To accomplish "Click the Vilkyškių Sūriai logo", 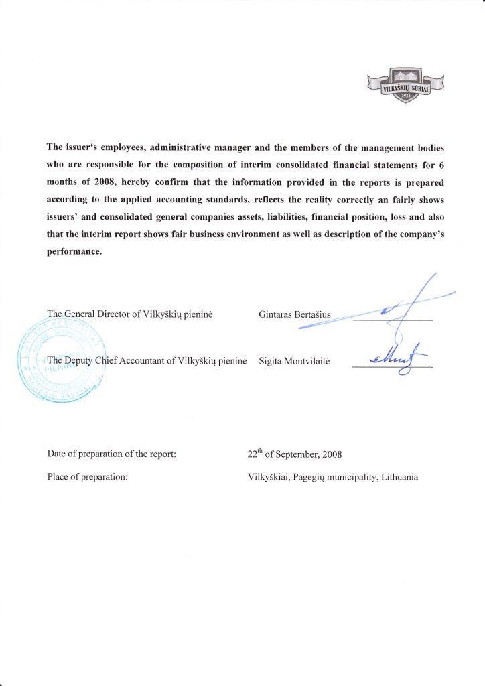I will coord(407,85).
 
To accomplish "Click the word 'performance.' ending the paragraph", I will coord(74,252).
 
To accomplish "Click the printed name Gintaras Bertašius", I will coord(294,314).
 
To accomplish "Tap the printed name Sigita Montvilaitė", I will coord(295,361).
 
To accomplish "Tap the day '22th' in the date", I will coord(254,454).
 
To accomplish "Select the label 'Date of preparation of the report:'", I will coord(111,454).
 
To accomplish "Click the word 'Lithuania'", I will coord(400,477).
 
